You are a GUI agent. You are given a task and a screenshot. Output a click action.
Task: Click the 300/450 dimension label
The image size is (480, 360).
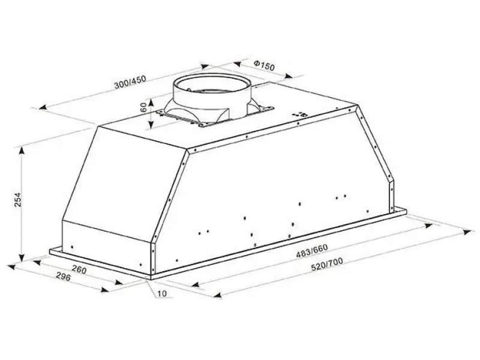(130, 82)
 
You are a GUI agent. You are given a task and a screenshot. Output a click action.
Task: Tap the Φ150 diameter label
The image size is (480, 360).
(265, 65)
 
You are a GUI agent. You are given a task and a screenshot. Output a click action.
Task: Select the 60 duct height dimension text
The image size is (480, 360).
(143, 107)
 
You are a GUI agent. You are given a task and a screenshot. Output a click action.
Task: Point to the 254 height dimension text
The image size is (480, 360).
(19, 200)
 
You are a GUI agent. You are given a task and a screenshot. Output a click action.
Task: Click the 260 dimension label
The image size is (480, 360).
(79, 269)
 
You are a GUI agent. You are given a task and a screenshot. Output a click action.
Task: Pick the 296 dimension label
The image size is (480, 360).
(64, 277)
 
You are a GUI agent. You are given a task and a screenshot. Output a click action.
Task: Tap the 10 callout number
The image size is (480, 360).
(163, 293)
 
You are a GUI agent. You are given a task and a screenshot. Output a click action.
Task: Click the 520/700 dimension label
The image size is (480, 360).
(326, 265)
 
